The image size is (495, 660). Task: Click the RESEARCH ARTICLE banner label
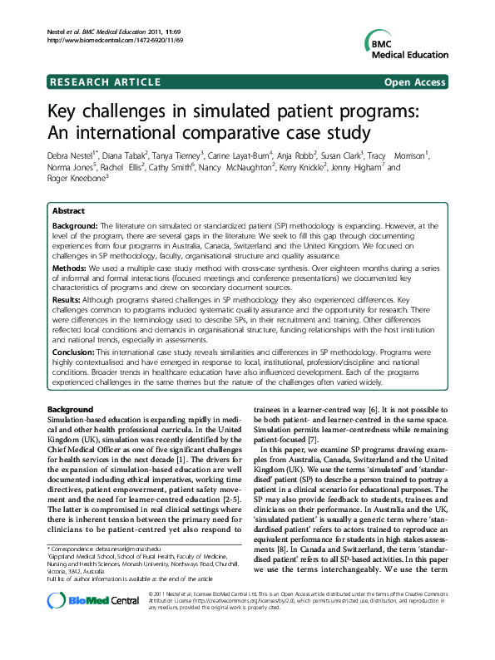click(x=106, y=81)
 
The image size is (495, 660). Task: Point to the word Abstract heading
click(x=69, y=211)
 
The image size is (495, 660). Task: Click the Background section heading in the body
click(x=70, y=410)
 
